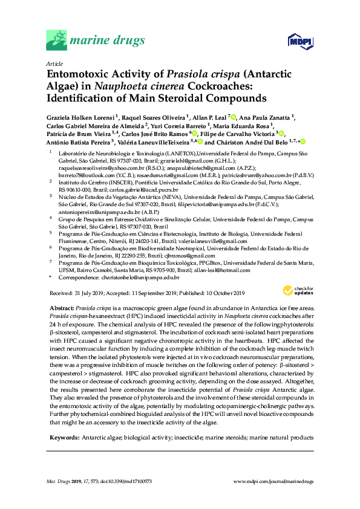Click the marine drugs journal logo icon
coord(56,42)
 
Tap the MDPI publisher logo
coord(295,42)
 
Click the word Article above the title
coord(53,63)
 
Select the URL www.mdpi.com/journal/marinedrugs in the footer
coord(273,481)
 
